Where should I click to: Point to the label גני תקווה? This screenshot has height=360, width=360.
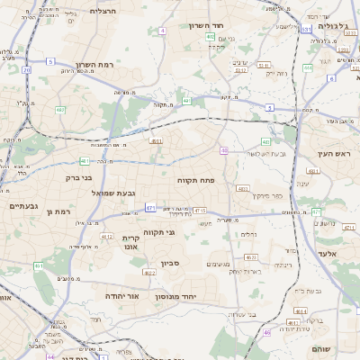(x=184, y=232)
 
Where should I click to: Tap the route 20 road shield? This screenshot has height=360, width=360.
(x=26, y=69)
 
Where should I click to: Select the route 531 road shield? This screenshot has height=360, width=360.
(x=306, y=29)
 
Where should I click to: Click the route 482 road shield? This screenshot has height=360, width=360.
(x=60, y=110)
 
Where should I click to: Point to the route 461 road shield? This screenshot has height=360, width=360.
(x=38, y=266)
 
